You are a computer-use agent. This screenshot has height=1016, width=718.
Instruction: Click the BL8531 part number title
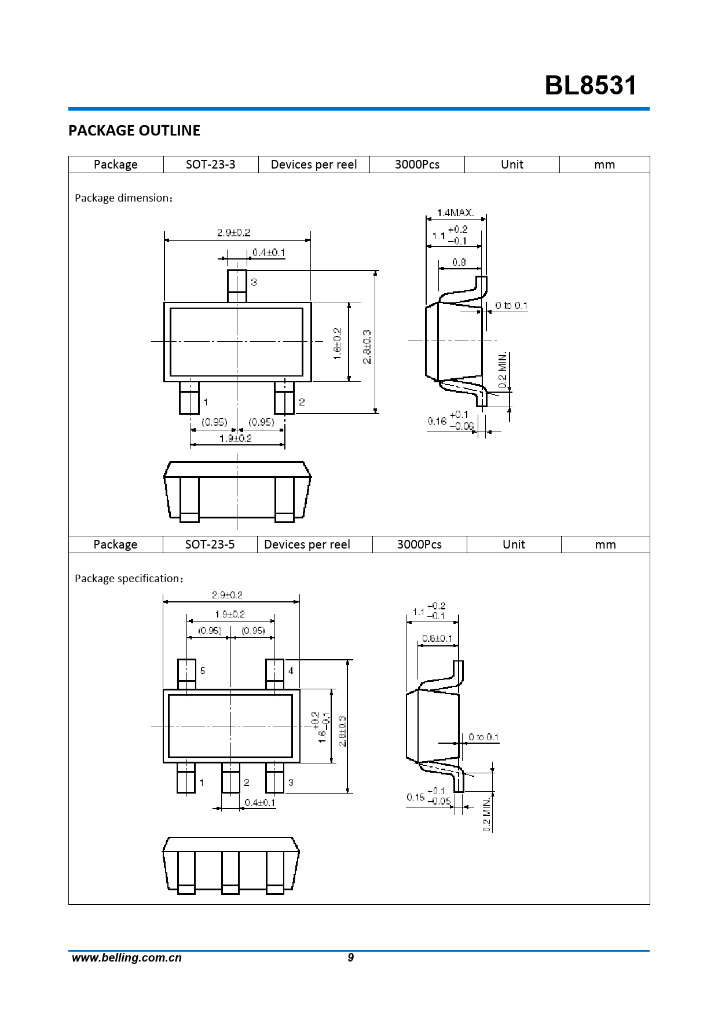591,85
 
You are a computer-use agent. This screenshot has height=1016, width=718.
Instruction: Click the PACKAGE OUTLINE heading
134,130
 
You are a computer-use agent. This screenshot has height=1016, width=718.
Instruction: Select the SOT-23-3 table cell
211,165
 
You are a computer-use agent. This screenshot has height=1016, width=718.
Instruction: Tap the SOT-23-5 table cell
210,544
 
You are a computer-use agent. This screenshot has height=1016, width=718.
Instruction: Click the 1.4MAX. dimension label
456,213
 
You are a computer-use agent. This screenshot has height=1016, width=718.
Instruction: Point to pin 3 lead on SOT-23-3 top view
237,286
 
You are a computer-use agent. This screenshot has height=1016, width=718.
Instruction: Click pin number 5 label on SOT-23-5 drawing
203,671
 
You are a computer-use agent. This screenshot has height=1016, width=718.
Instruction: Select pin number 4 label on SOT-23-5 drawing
291,671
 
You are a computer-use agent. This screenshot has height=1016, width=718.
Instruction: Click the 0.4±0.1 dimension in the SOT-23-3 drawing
269,253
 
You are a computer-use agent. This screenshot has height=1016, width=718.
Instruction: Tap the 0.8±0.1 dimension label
437,638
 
